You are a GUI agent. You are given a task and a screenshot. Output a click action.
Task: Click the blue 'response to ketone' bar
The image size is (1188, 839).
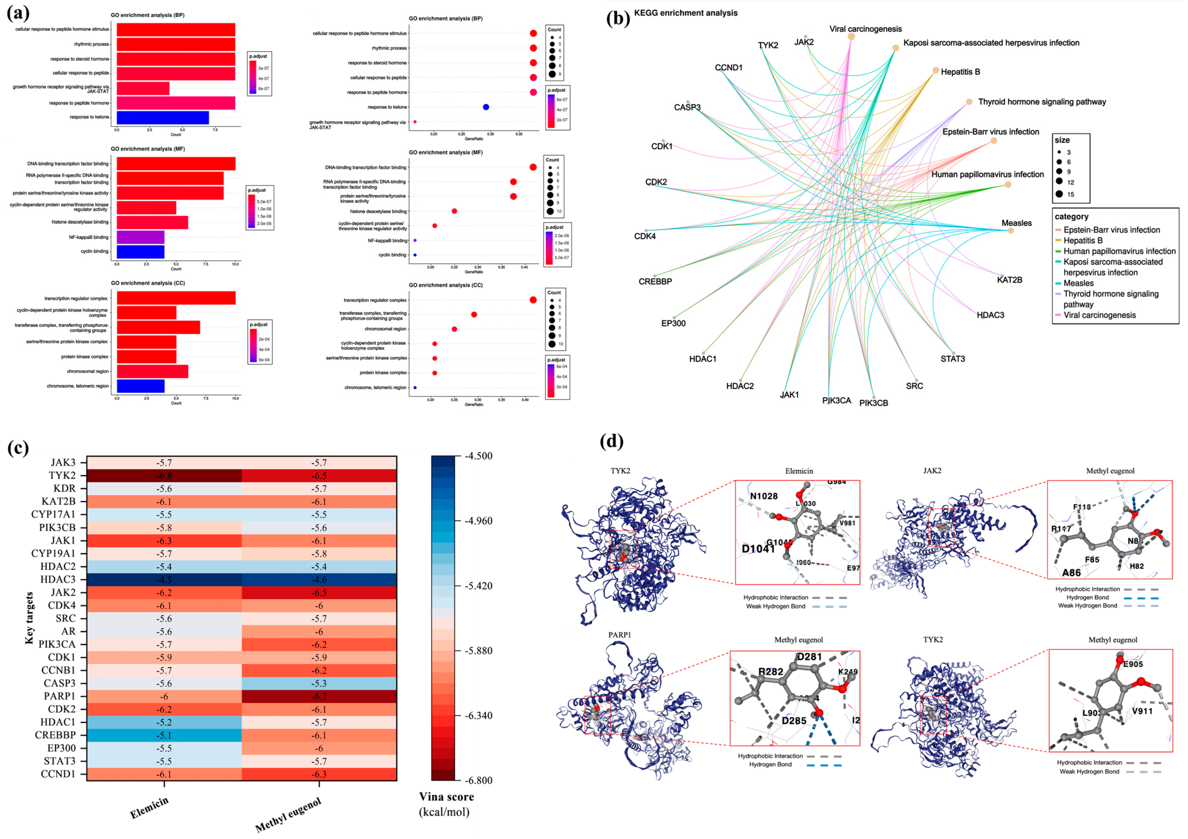pos(162,118)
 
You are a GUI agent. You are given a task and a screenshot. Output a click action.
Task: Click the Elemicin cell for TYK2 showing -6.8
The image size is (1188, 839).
pos(164,476)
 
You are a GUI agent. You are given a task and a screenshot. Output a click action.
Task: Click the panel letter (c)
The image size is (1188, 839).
pos(18,448)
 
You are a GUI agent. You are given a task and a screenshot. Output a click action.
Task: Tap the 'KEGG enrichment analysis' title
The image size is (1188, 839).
pos(686,13)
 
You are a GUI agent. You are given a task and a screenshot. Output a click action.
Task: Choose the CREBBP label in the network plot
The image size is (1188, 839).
pos(655,282)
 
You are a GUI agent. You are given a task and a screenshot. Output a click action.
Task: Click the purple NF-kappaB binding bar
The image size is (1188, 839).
pos(140,237)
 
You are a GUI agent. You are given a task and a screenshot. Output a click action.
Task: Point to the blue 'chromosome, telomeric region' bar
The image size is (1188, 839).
pos(140,386)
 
